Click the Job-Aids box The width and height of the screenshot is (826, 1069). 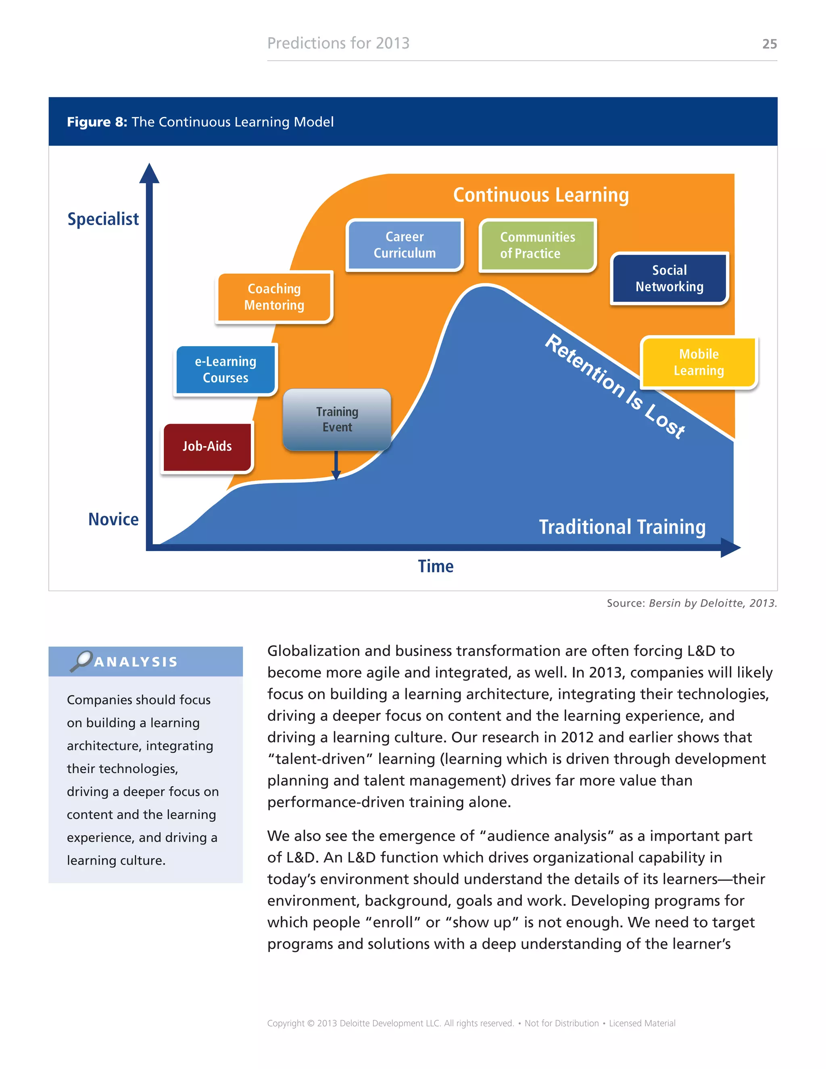tap(207, 447)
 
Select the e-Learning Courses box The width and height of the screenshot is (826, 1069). tap(225, 370)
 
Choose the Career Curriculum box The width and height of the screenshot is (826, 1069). tap(404, 245)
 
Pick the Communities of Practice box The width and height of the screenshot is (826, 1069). tap(537, 245)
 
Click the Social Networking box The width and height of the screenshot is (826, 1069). tap(670, 278)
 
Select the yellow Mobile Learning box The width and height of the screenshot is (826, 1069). tap(699, 362)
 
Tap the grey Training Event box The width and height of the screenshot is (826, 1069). tap(337, 419)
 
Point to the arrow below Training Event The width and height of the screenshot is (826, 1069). tap(336, 466)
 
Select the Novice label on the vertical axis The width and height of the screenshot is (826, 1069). tap(113, 519)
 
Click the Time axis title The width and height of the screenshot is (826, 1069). tap(436, 566)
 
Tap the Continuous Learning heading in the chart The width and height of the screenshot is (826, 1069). tap(541, 195)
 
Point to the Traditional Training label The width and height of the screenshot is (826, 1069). tap(622, 527)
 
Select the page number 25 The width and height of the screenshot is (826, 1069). tap(769, 44)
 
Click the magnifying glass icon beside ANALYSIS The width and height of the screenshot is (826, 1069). tap(81, 661)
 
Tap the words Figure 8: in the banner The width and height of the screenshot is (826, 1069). tap(97, 122)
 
